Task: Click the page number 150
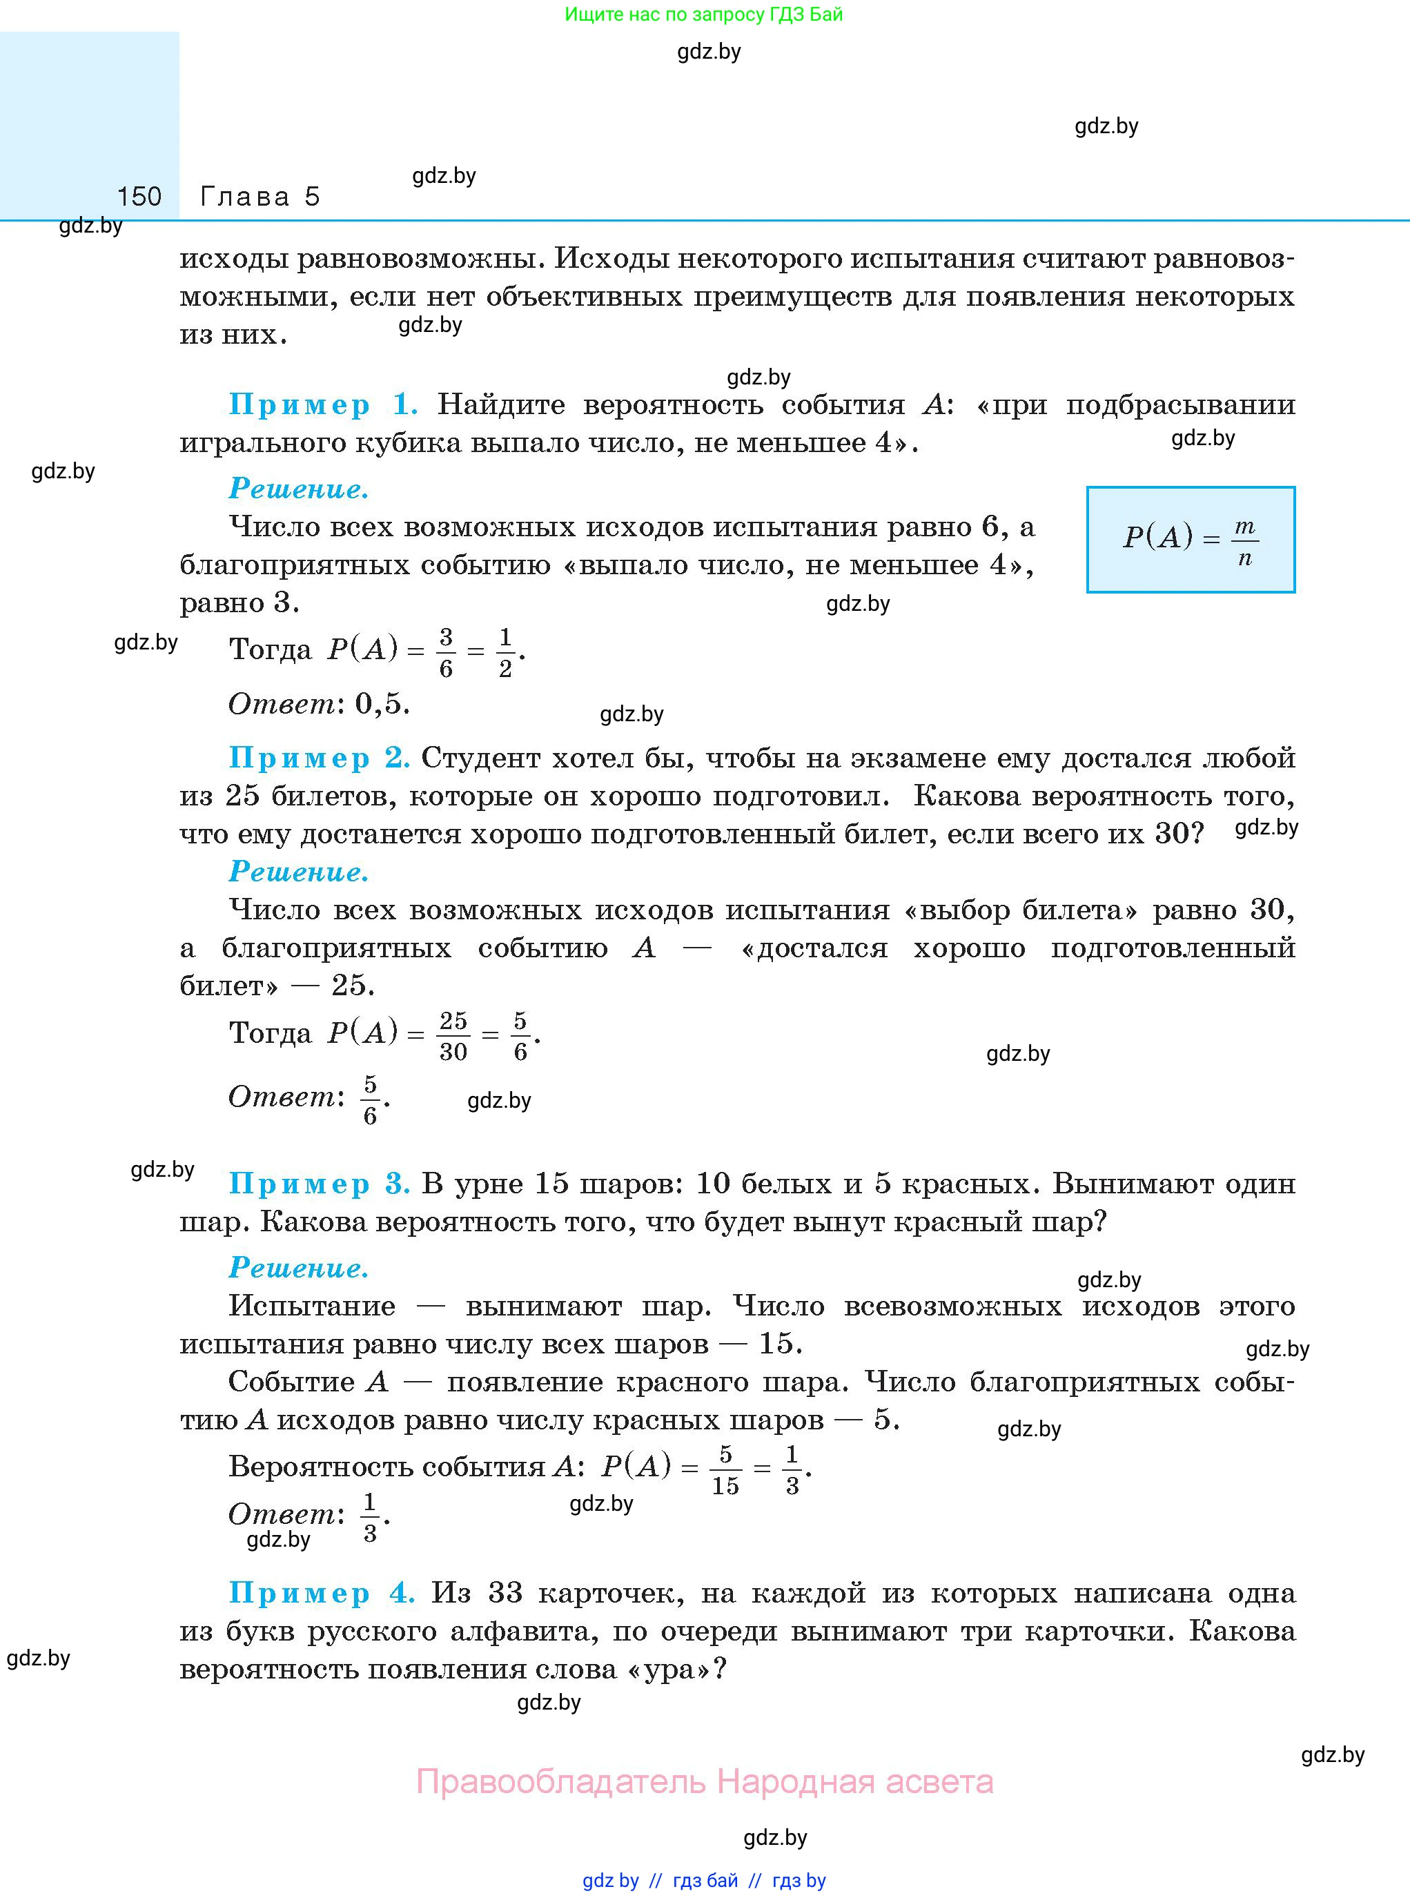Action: tap(139, 197)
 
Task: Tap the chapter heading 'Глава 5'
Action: tap(260, 197)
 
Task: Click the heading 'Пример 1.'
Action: tap(322, 404)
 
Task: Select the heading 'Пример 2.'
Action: tap(318, 758)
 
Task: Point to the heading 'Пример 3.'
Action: tap(318, 1184)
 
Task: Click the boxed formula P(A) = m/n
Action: tap(1191, 539)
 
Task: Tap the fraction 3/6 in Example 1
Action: tap(446, 653)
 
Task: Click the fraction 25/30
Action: tap(453, 1036)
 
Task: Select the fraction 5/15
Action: tap(725, 1469)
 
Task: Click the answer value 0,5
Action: tap(382, 704)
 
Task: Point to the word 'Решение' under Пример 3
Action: tap(298, 1268)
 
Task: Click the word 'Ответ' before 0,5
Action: tap(282, 704)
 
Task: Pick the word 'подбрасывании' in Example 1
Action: tap(1180, 404)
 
